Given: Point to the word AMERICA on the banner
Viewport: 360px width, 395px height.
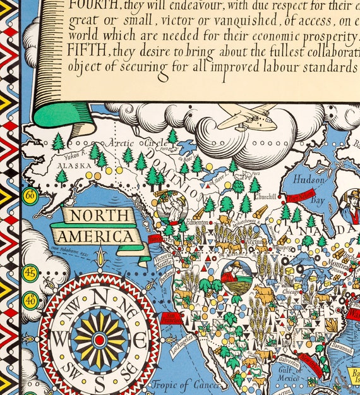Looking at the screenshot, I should pos(96,237).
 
